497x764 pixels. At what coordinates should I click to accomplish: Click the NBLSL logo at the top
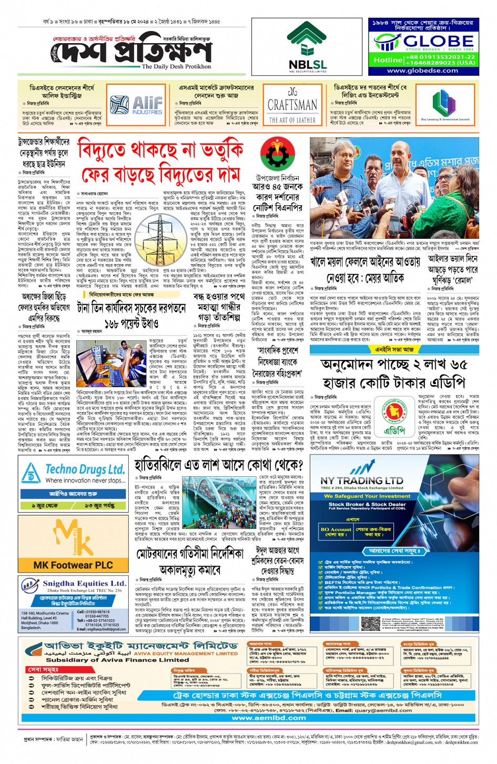[x=307, y=47]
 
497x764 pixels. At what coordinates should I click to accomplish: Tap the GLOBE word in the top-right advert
[x=439, y=41]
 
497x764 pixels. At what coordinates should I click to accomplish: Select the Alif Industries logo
[x=136, y=105]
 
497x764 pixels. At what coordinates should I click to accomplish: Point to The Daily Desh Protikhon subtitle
[x=176, y=67]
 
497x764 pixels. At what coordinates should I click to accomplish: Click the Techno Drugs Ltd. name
[x=85, y=469]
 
